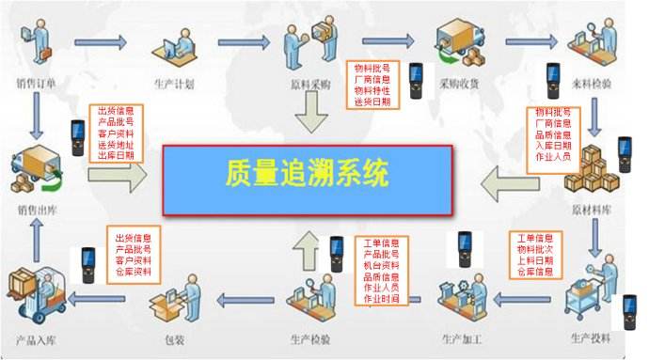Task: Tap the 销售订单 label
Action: click(x=37, y=84)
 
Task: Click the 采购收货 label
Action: click(x=456, y=84)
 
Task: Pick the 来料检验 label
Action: click(x=590, y=84)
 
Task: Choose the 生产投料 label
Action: click(x=591, y=337)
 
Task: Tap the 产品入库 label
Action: click(x=37, y=337)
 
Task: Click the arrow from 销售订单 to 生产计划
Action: click(x=101, y=41)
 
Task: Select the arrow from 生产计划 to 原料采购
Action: click(x=245, y=41)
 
